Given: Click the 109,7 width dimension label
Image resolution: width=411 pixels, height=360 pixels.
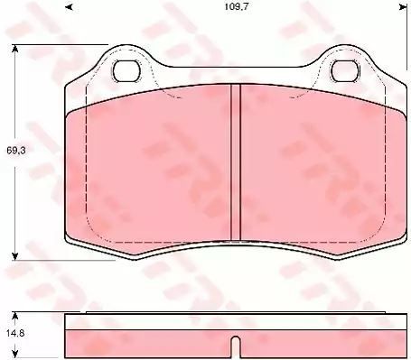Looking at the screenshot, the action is click(x=236, y=6).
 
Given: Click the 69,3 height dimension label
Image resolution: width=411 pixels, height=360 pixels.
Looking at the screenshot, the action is click(x=16, y=151).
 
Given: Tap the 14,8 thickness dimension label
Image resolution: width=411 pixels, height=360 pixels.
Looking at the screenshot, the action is click(x=14, y=333).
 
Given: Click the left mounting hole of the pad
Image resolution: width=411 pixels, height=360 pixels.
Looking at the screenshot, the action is click(x=127, y=70).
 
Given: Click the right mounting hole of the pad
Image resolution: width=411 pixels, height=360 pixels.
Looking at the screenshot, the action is click(x=345, y=70).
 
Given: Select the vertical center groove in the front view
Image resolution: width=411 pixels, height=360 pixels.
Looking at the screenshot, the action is click(x=236, y=162).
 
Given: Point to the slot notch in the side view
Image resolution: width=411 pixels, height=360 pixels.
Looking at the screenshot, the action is click(x=236, y=346).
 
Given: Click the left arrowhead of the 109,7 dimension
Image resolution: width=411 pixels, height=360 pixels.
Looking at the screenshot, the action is click(x=70, y=6).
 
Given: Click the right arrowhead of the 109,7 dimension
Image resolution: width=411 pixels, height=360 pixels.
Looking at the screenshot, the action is click(x=404, y=6).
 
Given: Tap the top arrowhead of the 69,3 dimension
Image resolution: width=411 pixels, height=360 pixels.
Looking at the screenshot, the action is click(x=14, y=49).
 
